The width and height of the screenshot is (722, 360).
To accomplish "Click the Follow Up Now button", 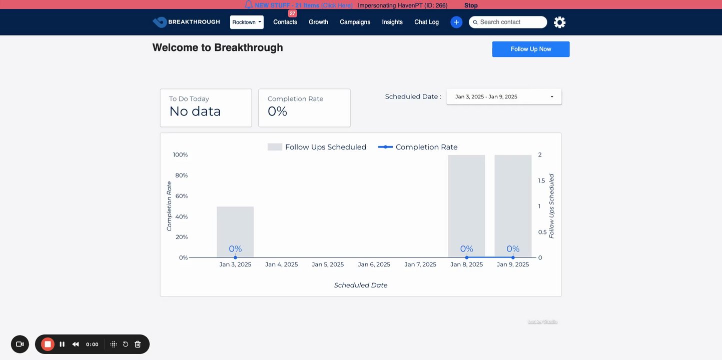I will pos(530,49).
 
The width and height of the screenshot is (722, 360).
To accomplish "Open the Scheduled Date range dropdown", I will pos(503,96).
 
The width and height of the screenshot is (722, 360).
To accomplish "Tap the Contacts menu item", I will pos(285,22).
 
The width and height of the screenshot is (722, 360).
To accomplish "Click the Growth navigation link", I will pos(318,22).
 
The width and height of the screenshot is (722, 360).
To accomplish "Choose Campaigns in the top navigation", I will pos(355,22).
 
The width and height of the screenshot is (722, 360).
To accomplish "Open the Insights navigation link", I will pos(392,22).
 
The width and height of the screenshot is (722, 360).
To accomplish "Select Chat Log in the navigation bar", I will pos(426,22).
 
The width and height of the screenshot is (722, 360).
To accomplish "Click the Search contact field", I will pos(510,22).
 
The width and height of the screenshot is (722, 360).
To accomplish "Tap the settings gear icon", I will pos(559,22).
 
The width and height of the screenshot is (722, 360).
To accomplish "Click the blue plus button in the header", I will pos(456,22).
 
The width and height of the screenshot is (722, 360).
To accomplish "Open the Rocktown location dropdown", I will pos(247,22).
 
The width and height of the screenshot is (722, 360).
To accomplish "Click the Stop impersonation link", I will pos(471,5).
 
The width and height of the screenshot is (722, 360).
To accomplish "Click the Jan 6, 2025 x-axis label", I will pos(373,264).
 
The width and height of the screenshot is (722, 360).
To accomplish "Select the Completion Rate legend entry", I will pos(418,147).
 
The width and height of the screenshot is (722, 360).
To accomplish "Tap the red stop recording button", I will pos(48,344).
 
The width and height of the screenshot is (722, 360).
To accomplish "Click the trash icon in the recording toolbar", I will pos(138,344).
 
